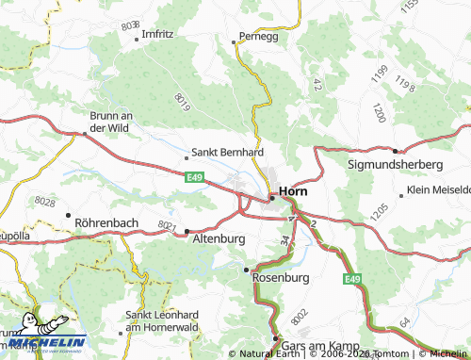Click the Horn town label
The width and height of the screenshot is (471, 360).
295,189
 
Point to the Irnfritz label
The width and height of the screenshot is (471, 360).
157,35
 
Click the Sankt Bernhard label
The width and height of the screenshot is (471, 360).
227,151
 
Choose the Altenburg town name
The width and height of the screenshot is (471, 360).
219,239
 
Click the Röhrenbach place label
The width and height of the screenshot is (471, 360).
106,223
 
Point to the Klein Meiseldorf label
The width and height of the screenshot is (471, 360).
438,194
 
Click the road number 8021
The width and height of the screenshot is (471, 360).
168,226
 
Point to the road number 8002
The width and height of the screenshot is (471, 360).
299,320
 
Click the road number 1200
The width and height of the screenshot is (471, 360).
378,113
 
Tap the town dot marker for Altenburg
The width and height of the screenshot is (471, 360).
187,231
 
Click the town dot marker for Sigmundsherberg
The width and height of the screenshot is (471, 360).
394,150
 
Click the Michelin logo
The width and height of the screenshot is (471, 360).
44,341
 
